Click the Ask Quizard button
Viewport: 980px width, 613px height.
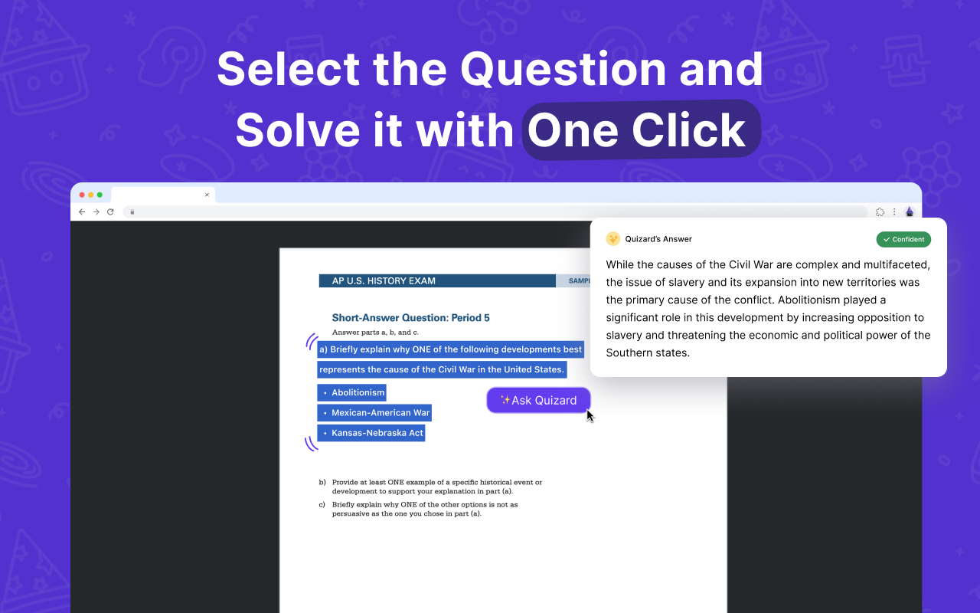pyautogui.click(x=538, y=400)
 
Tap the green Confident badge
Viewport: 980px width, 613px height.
pyautogui.click(x=903, y=240)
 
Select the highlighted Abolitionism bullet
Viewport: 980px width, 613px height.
pyautogui.click(x=352, y=393)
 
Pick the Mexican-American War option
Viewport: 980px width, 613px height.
pyautogui.click(x=374, y=413)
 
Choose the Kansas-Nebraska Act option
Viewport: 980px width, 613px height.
pyautogui.click(x=371, y=433)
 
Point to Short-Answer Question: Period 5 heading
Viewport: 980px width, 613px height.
pyautogui.click(x=410, y=318)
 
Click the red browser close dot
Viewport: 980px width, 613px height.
pyautogui.click(x=82, y=195)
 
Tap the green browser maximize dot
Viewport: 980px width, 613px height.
pyautogui.click(x=100, y=195)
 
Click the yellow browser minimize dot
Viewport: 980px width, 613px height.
pyautogui.click(x=90, y=195)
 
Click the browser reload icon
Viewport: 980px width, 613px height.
pyautogui.click(x=110, y=212)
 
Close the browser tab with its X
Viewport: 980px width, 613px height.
pyautogui.click(x=207, y=195)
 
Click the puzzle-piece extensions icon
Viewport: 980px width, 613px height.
pyautogui.click(x=880, y=212)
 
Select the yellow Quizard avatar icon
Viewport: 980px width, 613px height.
pyautogui.click(x=612, y=239)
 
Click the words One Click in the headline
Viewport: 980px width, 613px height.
pyautogui.click(x=637, y=130)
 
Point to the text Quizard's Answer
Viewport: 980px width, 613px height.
pyautogui.click(x=658, y=239)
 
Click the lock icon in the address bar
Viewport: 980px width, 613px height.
pyautogui.click(x=132, y=212)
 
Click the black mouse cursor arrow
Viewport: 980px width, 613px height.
pyautogui.click(x=590, y=415)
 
